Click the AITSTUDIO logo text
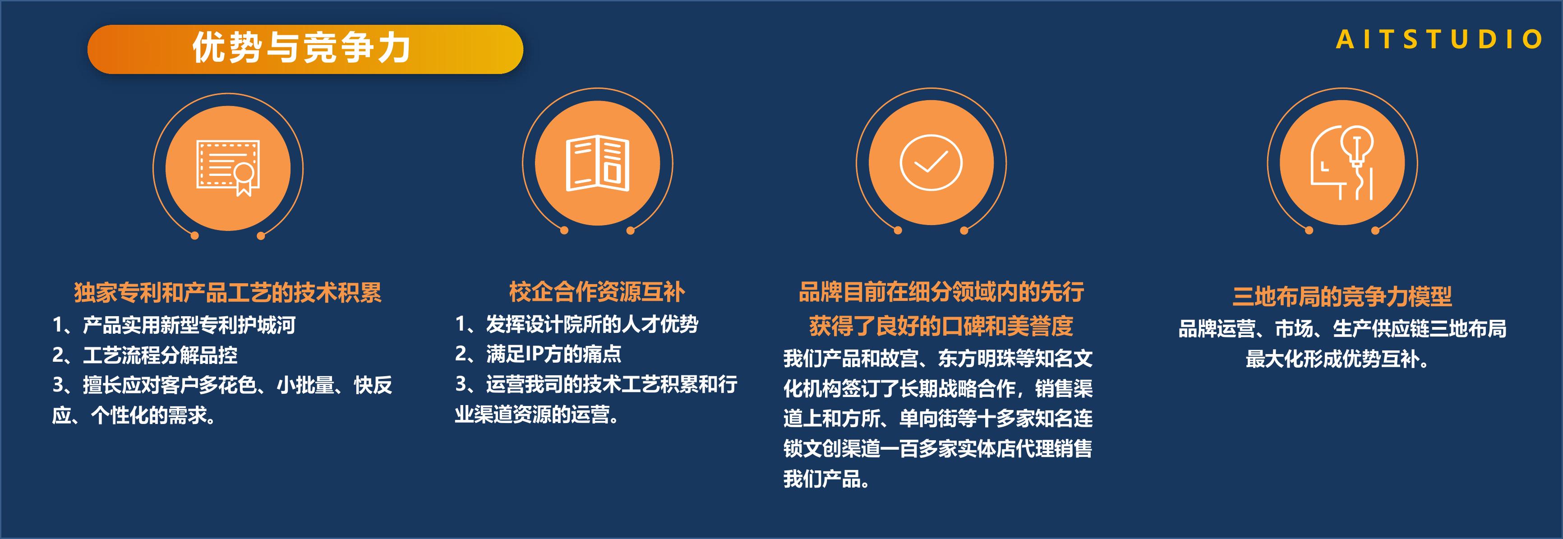pos(1439,39)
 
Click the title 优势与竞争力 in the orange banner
pos(302,47)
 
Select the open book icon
pos(598,163)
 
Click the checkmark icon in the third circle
pos(931,163)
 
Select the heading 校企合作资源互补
pos(597,292)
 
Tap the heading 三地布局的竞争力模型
pos(1342,297)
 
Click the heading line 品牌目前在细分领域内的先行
pos(941,292)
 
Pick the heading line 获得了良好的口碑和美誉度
pos(941,327)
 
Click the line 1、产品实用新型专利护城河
pos(174,325)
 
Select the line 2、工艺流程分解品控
pos(145,355)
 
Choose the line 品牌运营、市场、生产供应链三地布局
pos(1342,329)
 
